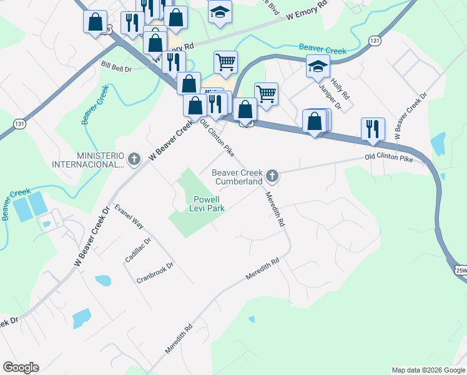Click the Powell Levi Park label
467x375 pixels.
click(x=207, y=204)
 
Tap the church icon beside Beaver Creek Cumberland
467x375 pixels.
click(x=272, y=176)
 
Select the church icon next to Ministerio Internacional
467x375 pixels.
click(x=134, y=159)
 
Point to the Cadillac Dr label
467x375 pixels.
click(x=138, y=250)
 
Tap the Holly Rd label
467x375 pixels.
click(x=341, y=90)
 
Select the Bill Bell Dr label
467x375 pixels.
click(x=116, y=65)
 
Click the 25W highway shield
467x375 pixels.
click(x=461, y=270)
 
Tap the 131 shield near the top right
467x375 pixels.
click(x=374, y=41)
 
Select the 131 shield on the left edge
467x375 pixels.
click(x=19, y=124)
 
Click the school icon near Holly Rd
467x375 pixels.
click(x=318, y=66)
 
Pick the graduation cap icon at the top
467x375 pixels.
click(x=219, y=12)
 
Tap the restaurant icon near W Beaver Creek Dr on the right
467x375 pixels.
click(x=373, y=129)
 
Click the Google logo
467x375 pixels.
click(x=21, y=367)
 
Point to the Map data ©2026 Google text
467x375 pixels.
click(x=428, y=370)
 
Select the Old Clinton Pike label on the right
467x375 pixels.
click(x=389, y=159)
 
